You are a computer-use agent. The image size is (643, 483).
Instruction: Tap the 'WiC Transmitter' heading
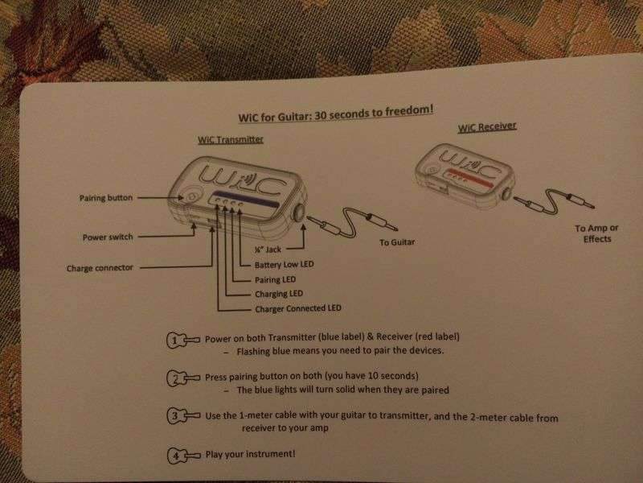coord(231,139)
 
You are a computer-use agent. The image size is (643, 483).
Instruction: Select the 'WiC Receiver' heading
coord(487,127)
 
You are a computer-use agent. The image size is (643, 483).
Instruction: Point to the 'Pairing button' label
coord(106,198)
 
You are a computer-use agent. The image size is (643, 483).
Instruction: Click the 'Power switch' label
coord(108,237)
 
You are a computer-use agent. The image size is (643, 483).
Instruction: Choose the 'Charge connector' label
coord(100,268)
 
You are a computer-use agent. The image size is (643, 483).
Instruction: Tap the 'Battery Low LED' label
coord(285,265)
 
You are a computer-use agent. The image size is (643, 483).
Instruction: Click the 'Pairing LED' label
coord(275,279)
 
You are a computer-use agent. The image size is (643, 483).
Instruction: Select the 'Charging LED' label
coord(279,294)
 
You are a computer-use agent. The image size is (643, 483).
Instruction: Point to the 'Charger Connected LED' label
coord(298,308)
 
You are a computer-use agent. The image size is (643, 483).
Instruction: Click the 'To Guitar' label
coord(397,242)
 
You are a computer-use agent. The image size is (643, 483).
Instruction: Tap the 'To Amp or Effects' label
coord(596,233)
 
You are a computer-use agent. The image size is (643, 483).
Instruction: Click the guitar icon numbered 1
coord(182,340)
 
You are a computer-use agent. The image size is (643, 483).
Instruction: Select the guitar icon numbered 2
coord(183,378)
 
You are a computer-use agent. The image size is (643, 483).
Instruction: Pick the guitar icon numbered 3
coord(183,416)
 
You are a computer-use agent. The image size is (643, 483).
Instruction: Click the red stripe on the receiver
coord(470,177)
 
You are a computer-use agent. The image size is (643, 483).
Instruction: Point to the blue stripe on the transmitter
coord(248,199)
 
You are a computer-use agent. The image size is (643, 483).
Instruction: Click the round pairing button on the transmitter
coord(193,196)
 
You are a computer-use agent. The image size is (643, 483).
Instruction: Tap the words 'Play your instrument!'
coord(250,454)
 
